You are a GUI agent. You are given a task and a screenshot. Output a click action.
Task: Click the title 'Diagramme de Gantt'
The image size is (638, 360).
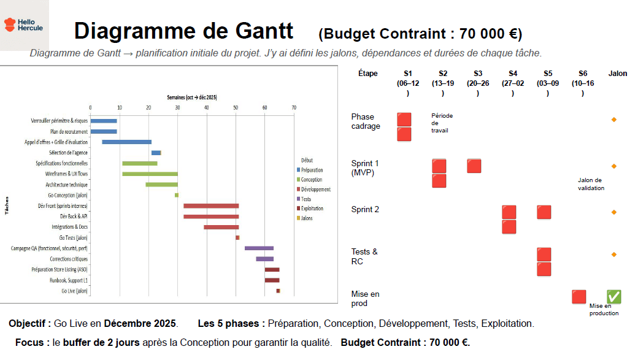[x=183, y=31]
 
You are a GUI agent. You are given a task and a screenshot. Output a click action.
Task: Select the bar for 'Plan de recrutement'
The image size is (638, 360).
[x=103, y=131]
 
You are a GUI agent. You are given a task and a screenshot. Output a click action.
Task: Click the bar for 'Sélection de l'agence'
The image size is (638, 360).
[x=156, y=153]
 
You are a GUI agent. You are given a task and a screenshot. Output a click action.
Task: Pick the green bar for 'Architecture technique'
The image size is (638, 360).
[x=161, y=185]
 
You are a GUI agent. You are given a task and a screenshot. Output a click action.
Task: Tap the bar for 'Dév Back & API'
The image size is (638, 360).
[x=211, y=216]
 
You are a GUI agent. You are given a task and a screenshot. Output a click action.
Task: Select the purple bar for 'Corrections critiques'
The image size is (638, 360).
[x=264, y=259]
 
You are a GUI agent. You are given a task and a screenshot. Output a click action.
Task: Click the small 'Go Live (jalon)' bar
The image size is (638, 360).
[x=278, y=291]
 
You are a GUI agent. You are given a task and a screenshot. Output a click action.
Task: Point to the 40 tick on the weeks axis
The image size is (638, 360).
[x=207, y=108]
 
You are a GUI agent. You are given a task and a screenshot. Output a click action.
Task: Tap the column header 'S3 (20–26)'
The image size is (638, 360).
[x=478, y=83]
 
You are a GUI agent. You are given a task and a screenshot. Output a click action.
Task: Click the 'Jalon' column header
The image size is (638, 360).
[x=618, y=74]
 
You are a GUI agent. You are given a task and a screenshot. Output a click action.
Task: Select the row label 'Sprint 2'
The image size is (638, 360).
[x=365, y=210]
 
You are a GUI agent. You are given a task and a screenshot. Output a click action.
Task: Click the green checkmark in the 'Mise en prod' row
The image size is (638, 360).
[x=613, y=297]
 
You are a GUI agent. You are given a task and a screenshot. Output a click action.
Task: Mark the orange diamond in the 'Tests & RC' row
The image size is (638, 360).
[x=613, y=255]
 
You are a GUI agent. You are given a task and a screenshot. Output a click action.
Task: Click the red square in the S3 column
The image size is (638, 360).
[x=474, y=166]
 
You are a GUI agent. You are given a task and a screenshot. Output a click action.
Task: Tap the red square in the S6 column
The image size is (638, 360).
[x=578, y=297]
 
